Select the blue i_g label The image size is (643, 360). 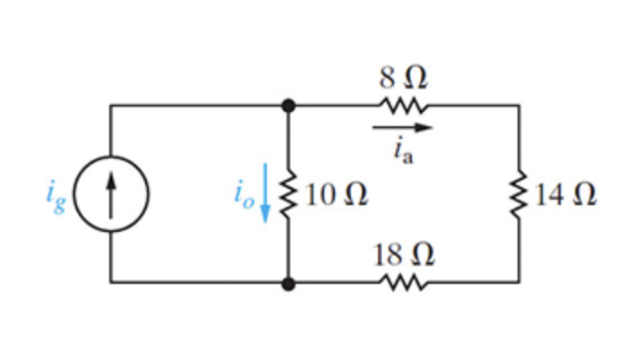tap(56, 196)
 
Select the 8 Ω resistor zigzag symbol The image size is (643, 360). tap(403, 106)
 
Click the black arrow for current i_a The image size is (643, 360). tap(403, 128)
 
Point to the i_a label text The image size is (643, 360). tap(402, 150)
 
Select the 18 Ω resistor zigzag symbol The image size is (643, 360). tap(403, 283)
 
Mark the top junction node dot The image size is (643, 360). tap(288, 106)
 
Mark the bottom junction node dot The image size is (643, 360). tap(288, 283)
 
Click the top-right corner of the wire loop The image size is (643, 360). tap(519, 106)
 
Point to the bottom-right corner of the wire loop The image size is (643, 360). tap(519, 283)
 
